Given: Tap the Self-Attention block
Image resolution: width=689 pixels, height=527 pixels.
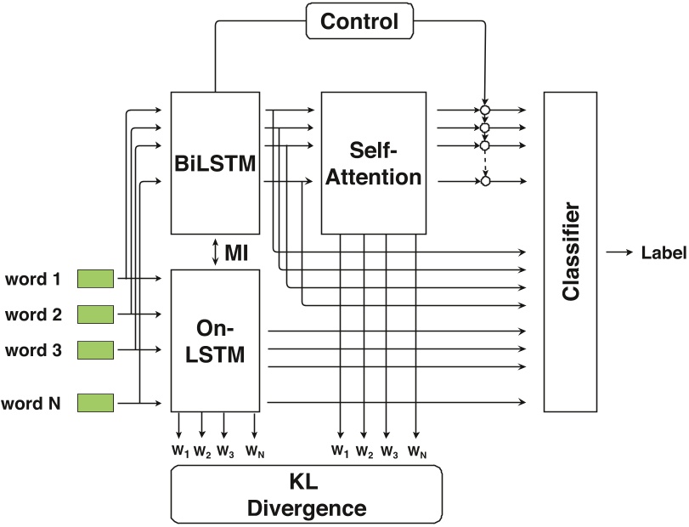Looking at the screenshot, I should coord(374,164).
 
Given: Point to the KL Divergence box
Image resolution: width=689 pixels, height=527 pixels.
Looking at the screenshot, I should coord(307,496).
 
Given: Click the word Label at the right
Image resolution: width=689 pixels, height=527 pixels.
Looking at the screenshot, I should coord(664,252).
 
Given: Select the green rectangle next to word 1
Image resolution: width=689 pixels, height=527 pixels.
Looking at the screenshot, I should coord(95,278).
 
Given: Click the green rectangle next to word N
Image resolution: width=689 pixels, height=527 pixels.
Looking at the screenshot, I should coord(95,401).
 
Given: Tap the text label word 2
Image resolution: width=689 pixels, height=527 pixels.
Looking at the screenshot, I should coord(32,314).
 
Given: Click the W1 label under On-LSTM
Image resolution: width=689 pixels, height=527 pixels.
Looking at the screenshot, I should coord(180,450).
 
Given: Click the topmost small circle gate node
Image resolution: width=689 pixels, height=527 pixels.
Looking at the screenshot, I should coord(485,110).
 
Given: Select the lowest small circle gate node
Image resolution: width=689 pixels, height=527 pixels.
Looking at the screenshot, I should coord(485,180).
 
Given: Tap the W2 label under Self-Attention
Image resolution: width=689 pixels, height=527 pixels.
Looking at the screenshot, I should coord(364,450).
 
